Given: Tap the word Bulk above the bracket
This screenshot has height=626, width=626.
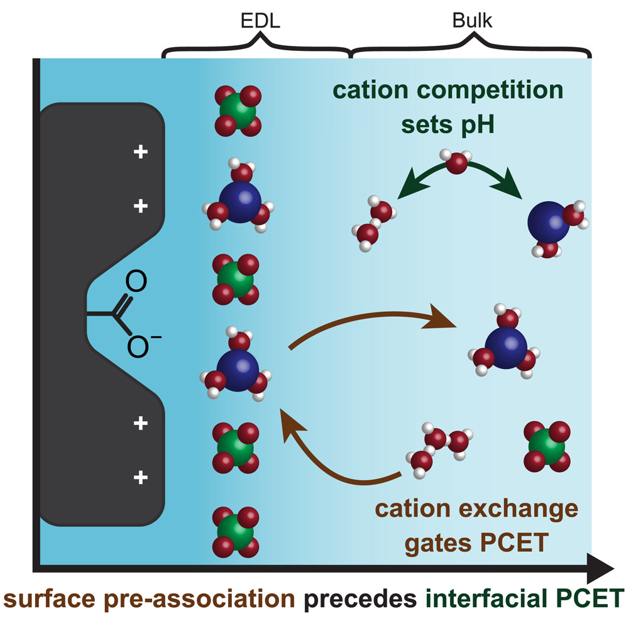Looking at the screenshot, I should (x=473, y=21).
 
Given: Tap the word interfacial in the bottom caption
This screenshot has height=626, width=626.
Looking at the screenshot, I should (x=491, y=595).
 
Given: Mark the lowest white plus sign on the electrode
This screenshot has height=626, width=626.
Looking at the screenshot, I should (x=141, y=478).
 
